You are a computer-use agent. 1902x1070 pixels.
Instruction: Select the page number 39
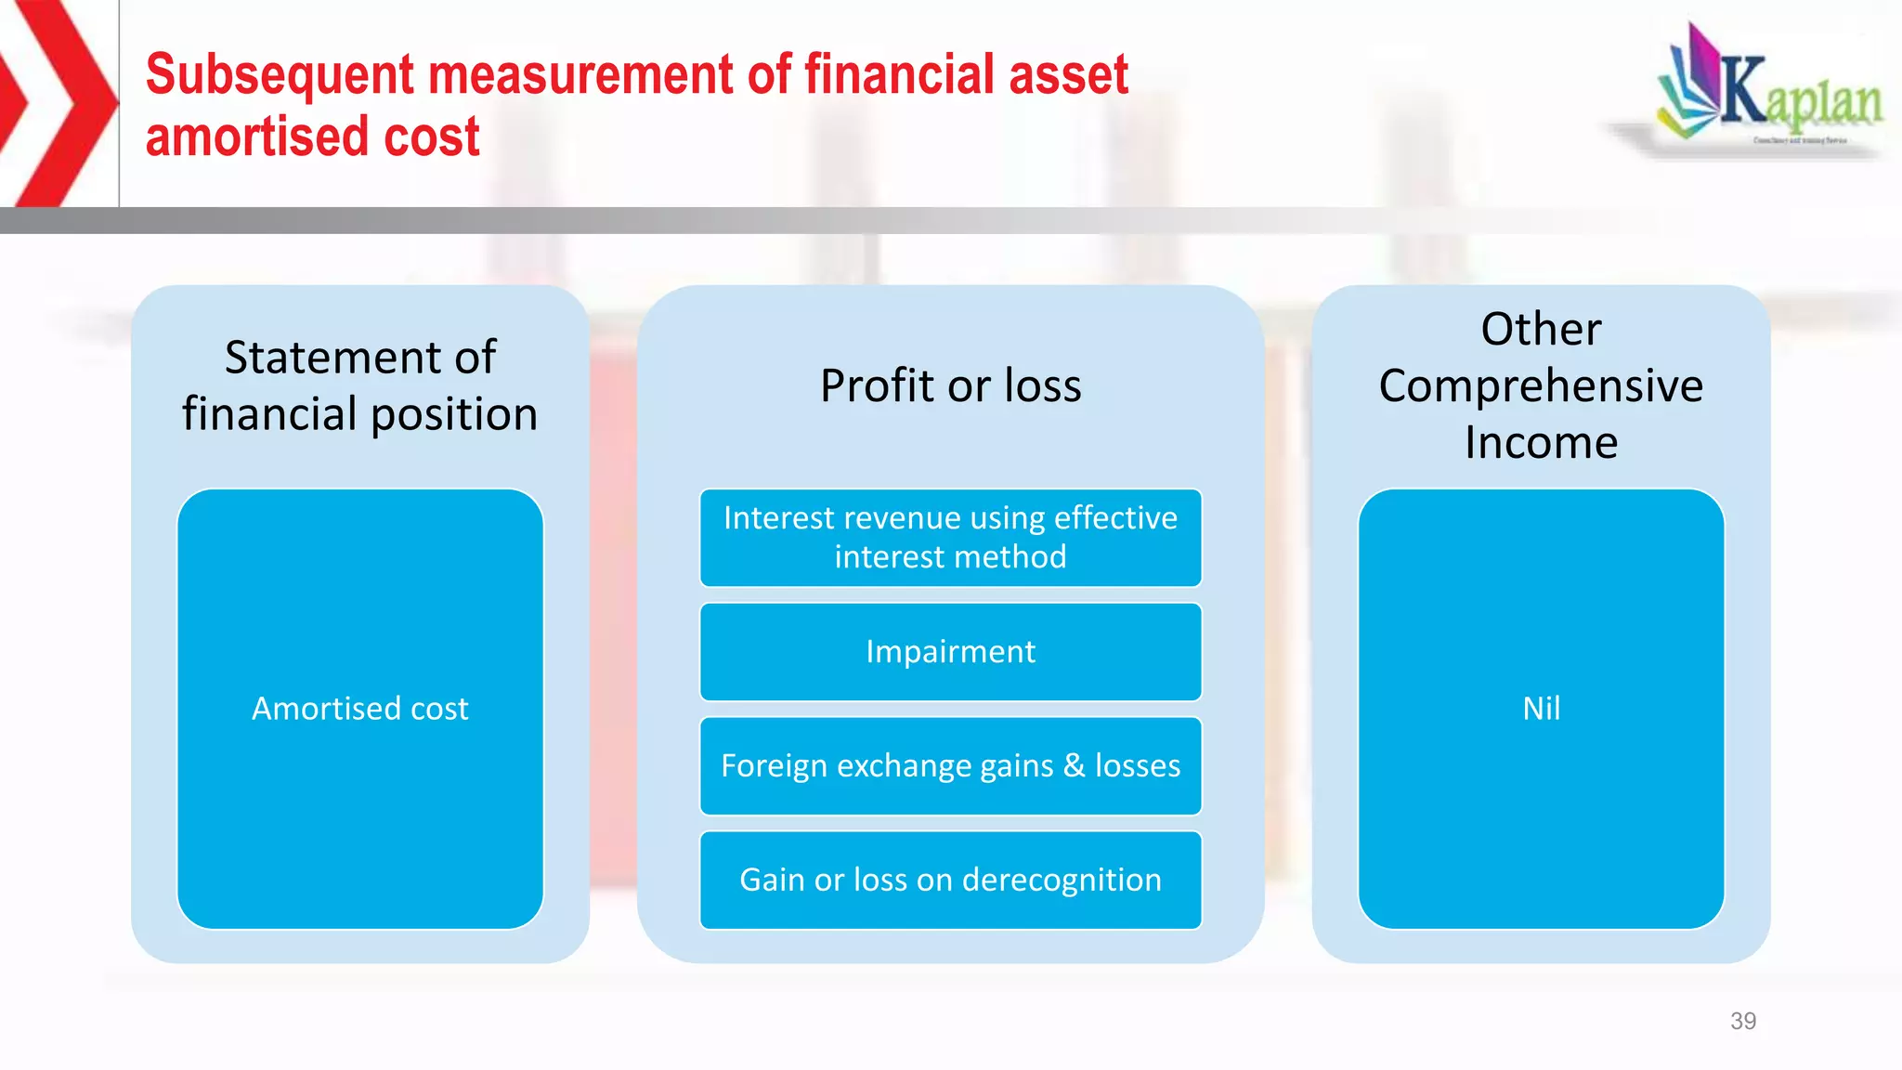coord(1742,1021)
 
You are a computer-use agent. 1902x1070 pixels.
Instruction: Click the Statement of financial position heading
coord(360,385)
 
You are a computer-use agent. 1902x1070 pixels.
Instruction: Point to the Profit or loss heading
coord(950,385)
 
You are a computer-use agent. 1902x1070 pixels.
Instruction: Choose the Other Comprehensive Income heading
coord(1541,385)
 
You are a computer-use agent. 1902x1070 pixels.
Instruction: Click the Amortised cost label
coord(360,709)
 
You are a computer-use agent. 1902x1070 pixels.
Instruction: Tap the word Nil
coord(1541,709)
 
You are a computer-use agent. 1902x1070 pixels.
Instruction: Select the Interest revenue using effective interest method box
coord(950,538)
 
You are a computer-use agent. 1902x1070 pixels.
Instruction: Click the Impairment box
coord(950,652)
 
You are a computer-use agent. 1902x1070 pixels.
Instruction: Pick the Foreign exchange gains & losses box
coord(950,766)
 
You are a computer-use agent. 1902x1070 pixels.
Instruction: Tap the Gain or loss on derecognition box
coord(950,880)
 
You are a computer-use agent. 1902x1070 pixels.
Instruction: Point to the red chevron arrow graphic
coord(58,102)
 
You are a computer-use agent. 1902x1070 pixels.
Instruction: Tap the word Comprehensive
coord(1541,385)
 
